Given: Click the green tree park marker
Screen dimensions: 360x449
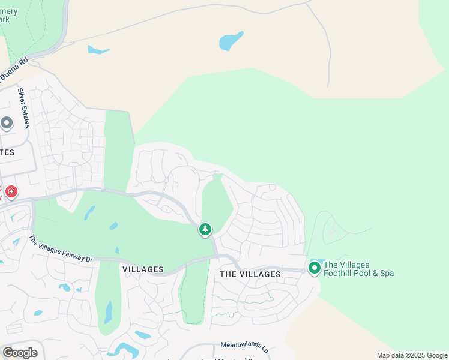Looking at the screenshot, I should coord(205,229).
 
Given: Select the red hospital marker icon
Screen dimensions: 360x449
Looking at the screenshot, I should coord(11,192).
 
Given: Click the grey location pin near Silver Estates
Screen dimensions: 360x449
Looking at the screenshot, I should coord(7,124).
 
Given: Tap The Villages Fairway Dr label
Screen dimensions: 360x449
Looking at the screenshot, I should coord(61,249).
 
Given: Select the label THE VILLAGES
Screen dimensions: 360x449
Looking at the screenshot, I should coord(250,274).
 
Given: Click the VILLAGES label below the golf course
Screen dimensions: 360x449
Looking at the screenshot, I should coord(143,269).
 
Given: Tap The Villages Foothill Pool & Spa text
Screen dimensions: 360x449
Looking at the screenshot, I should coord(358,269).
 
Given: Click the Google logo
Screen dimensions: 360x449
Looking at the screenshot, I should coord(19,353).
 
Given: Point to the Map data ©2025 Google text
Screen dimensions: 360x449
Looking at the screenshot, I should coord(412,355).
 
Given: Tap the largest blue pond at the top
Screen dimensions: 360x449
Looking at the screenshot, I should coord(231,41).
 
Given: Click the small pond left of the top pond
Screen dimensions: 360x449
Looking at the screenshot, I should coord(98,50).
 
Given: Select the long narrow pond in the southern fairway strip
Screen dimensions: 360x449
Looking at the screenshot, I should coord(109,312).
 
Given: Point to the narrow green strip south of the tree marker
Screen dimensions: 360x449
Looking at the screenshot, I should coord(192,294).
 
